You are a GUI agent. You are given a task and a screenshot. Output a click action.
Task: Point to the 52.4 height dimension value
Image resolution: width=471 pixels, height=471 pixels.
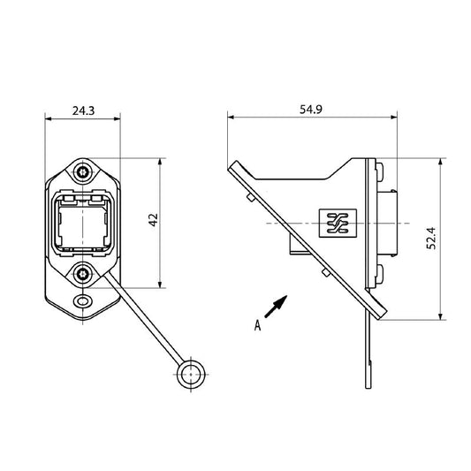click(x=430, y=239)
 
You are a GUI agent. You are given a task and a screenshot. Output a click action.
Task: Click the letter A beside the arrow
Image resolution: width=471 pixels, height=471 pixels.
click(x=257, y=325)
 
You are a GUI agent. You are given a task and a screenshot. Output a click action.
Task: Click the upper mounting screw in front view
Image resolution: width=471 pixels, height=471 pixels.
click(x=83, y=171)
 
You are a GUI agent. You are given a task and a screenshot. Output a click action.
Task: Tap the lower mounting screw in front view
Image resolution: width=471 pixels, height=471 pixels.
click(x=83, y=275)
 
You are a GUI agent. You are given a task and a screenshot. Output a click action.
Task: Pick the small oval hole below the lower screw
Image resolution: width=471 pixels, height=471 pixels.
click(x=83, y=301)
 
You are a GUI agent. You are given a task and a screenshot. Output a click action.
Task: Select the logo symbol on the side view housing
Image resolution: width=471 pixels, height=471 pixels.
click(x=337, y=225)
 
